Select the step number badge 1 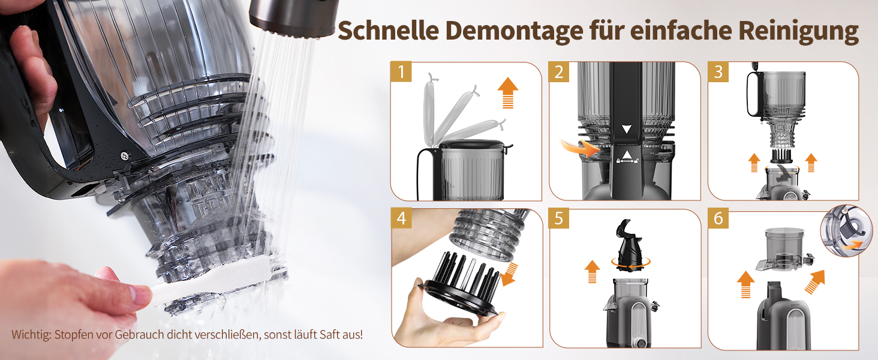pos(401,71)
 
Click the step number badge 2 pos(559,71)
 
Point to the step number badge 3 pos(718,71)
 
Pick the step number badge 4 pos(401,218)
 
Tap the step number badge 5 pos(559,218)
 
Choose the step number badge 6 pos(718,218)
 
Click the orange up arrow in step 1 pos(507,92)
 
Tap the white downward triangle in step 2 pos(627,129)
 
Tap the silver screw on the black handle pos(125,156)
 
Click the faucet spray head pos(294,17)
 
